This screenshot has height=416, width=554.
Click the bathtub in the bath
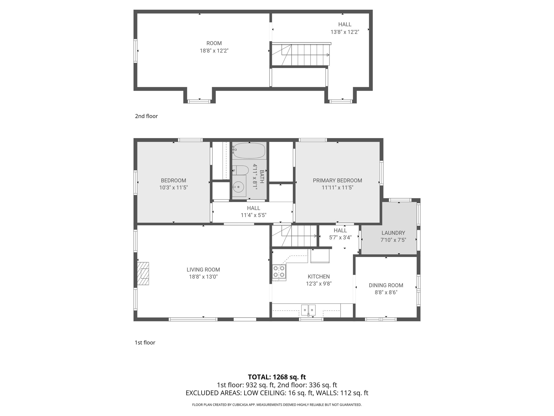coord(249,151)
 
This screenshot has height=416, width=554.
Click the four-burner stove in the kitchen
coord(279,271)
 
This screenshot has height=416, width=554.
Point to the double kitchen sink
coord(308,309)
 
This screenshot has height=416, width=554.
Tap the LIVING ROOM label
coord(203,269)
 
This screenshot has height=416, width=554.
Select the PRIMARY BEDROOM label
coord(337,180)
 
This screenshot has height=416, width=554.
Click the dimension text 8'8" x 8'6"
coord(386,292)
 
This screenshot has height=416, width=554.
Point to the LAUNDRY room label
coord(393,233)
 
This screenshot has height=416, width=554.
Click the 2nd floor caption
coord(146,116)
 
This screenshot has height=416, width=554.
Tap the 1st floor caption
coord(145,343)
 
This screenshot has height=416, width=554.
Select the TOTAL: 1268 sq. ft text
coord(277,377)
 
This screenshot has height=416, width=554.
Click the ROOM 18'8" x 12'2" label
coord(214,47)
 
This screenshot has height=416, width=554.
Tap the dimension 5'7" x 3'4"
coord(340,238)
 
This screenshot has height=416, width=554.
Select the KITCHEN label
coord(319,277)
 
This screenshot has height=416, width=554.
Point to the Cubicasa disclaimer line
coord(277,405)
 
